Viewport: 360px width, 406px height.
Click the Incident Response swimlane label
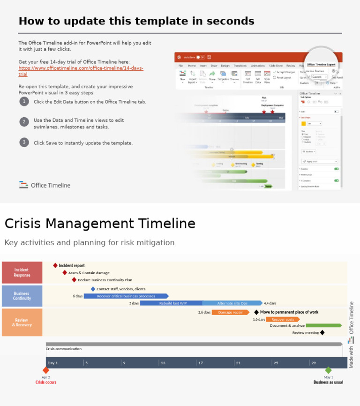click(x=22, y=272)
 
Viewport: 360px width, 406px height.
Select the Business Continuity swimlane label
click(x=22, y=296)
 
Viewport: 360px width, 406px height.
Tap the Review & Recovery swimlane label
click(x=22, y=323)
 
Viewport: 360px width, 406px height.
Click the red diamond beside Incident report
click(x=55, y=265)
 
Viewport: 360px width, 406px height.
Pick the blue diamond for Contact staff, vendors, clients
click(x=93, y=289)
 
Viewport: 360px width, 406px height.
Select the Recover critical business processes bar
click(x=126, y=296)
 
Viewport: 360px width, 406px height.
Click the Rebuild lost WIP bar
click(x=172, y=303)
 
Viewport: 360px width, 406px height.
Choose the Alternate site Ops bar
click(x=232, y=303)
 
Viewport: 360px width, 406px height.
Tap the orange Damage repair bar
click(x=230, y=312)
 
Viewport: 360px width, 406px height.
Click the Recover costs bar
click(x=283, y=319)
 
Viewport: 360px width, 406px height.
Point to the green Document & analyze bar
click(x=323, y=325)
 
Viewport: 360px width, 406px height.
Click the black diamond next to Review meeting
click(x=322, y=333)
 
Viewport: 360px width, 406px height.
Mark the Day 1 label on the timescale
click(x=52, y=363)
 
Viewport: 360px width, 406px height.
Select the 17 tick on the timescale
click(x=200, y=363)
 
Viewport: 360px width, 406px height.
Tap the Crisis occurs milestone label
click(x=46, y=382)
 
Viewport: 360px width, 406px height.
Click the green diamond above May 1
click(x=328, y=370)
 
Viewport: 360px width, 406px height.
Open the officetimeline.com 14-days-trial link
click(x=81, y=68)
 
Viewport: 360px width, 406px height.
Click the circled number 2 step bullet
click(x=24, y=122)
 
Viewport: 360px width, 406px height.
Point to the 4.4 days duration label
click(x=270, y=303)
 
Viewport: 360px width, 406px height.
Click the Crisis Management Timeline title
click(x=100, y=224)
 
